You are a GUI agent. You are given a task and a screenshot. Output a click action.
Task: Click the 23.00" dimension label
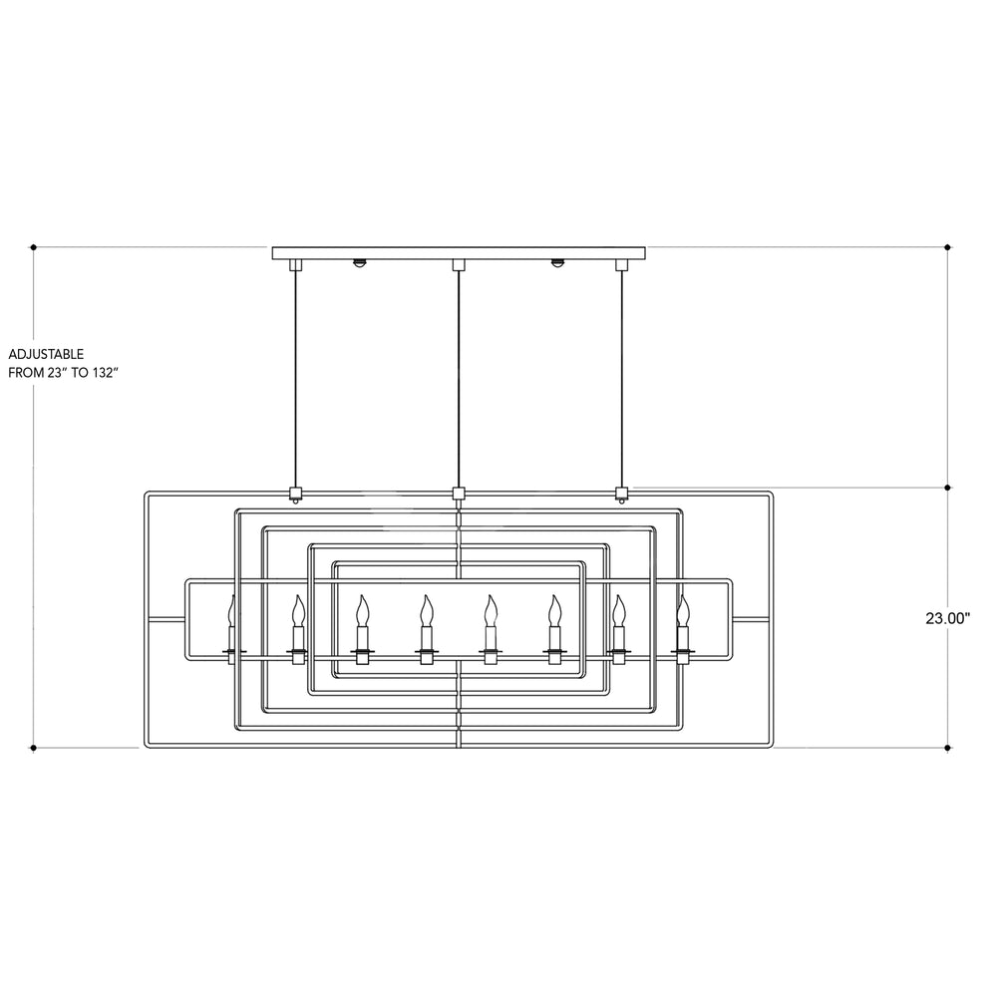point(947,618)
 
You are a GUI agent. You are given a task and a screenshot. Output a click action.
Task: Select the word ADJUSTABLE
point(46,354)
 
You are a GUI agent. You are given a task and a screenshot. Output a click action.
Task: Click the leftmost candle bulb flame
point(232,610)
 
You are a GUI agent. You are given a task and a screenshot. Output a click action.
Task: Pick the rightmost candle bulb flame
point(683,610)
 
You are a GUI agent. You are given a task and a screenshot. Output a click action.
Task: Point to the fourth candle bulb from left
point(426,610)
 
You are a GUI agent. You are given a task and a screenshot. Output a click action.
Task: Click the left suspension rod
point(294,379)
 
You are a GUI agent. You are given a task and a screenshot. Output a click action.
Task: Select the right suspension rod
point(621,379)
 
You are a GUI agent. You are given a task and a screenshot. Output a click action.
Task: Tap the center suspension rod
point(458,379)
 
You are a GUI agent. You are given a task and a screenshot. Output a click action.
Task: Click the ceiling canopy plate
point(459,253)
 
